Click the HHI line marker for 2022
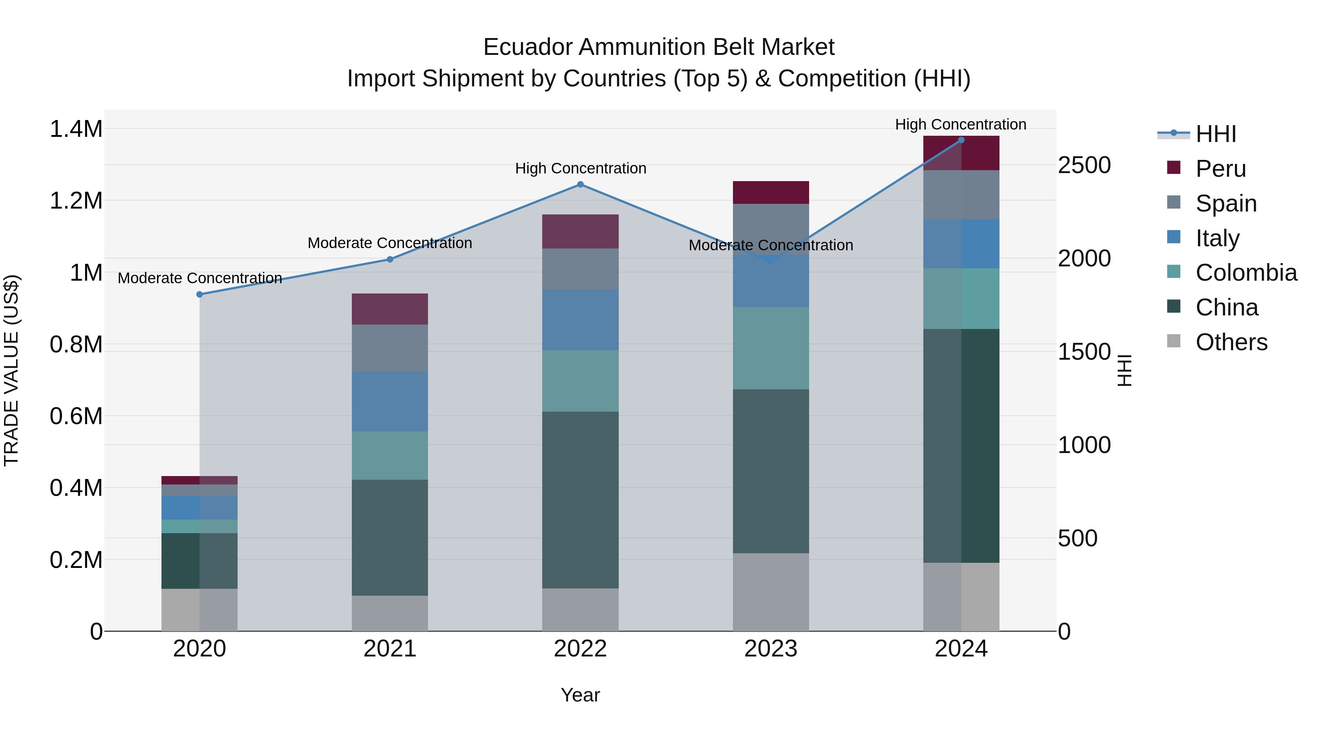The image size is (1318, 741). (580, 185)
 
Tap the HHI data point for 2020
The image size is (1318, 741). (200, 295)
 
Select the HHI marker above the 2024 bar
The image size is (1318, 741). (961, 140)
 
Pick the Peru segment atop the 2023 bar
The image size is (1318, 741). (771, 192)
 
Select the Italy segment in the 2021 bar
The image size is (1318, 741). (390, 401)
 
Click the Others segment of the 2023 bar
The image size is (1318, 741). (771, 592)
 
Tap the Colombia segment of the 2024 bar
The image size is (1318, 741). (961, 299)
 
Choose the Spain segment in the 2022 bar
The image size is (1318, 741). (580, 269)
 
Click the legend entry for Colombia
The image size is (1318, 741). (1246, 273)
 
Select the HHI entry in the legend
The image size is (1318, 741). (1215, 134)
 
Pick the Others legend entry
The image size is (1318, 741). (1231, 342)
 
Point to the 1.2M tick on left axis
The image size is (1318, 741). (76, 201)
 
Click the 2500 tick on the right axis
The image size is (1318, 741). (1084, 165)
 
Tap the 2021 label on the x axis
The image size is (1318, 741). (390, 649)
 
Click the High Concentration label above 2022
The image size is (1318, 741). (580, 168)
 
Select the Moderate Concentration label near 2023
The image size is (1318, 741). (771, 246)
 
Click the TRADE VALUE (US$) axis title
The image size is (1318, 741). (11, 370)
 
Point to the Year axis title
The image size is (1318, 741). (580, 695)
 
